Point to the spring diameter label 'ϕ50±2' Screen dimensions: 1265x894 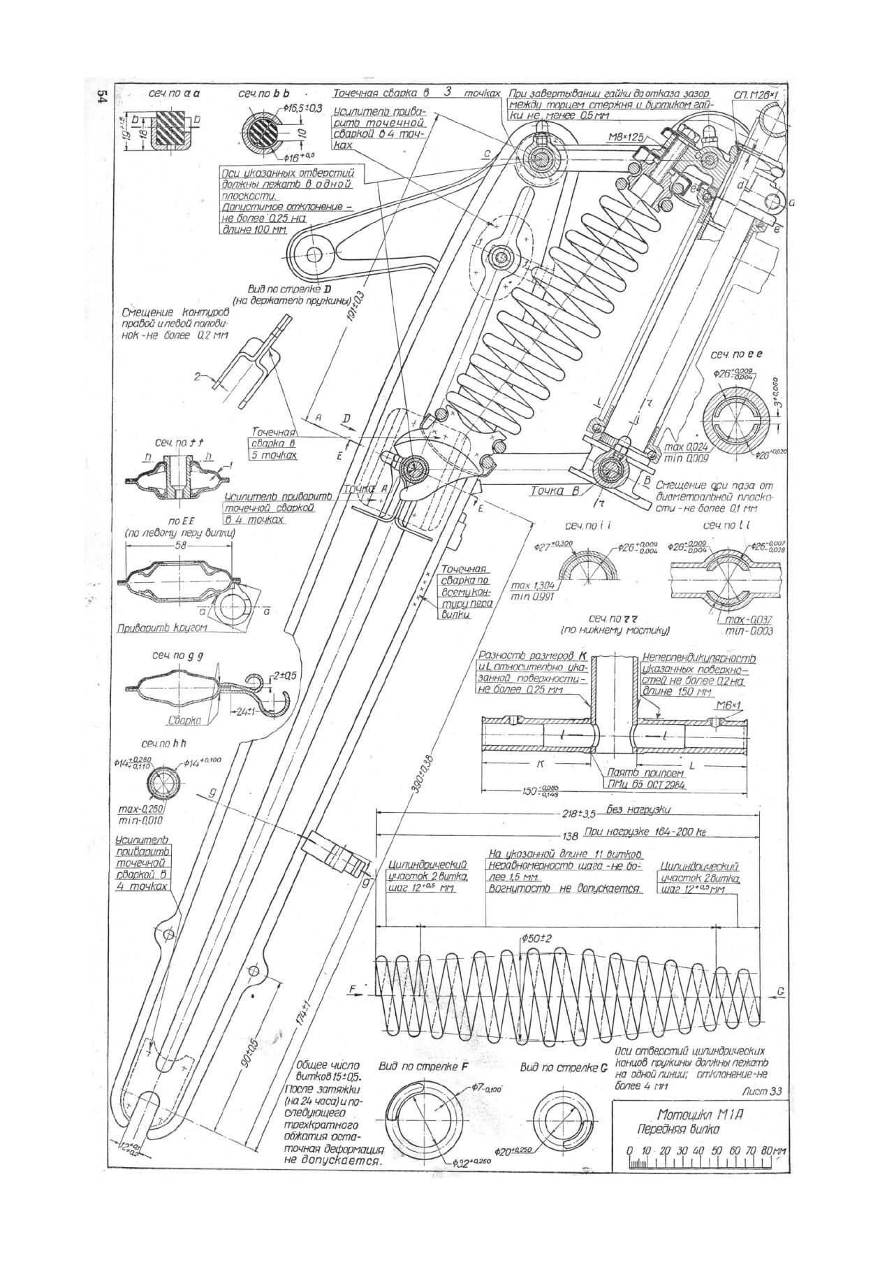click(536, 938)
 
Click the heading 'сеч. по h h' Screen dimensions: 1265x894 click(166, 744)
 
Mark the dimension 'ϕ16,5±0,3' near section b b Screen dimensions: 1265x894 click(302, 108)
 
